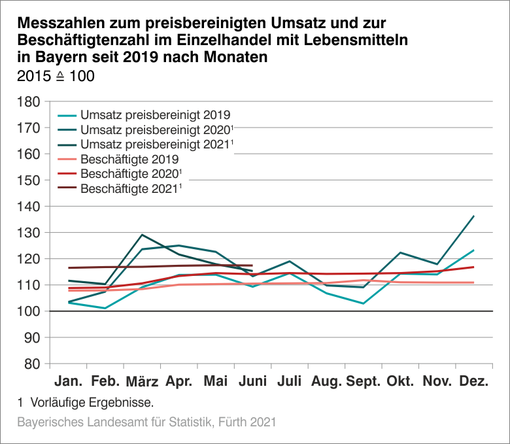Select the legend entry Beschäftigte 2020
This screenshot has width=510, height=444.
(x=129, y=174)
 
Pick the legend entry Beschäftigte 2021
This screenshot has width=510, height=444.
(x=129, y=189)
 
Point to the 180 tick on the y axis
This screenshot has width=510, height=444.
(x=30, y=102)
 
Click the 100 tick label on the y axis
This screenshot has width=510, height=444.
(x=30, y=311)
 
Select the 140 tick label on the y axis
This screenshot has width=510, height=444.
(x=30, y=207)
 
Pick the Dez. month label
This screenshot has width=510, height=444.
(x=474, y=381)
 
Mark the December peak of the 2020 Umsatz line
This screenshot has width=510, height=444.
(x=473, y=216)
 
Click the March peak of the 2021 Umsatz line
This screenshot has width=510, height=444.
(x=142, y=235)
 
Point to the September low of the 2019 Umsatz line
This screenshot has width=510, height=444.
(x=362, y=303)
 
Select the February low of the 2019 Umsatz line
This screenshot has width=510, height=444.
(x=105, y=308)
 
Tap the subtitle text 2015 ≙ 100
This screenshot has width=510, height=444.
(x=56, y=77)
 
